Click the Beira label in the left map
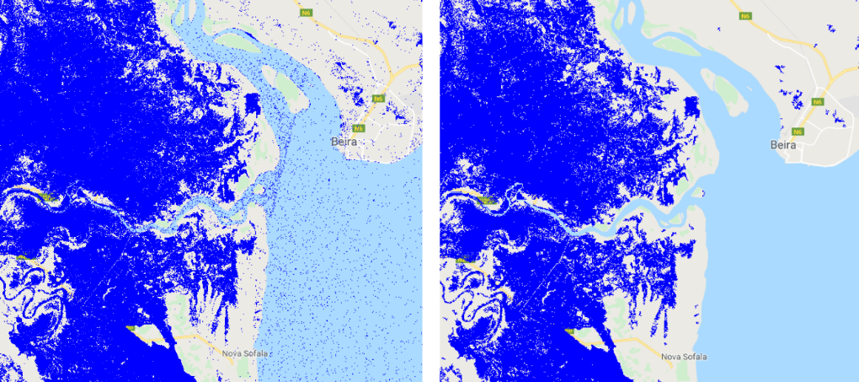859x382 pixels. (x=344, y=142)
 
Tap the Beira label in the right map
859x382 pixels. (x=783, y=145)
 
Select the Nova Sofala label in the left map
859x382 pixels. (x=244, y=353)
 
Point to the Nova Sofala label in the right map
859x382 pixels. (x=684, y=356)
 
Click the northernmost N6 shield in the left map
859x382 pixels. (x=303, y=13)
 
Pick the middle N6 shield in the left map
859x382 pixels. (x=379, y=99)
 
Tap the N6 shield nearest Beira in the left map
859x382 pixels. (x=359, y=128)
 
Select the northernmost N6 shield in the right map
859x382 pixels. (x=744, y=16)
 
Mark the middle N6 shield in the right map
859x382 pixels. (x=817, y=102)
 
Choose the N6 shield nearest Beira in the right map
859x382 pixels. (x=798, y=131)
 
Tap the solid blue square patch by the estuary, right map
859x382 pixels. (x=692, y=109)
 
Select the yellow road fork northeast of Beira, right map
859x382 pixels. (x=834, y=78)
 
